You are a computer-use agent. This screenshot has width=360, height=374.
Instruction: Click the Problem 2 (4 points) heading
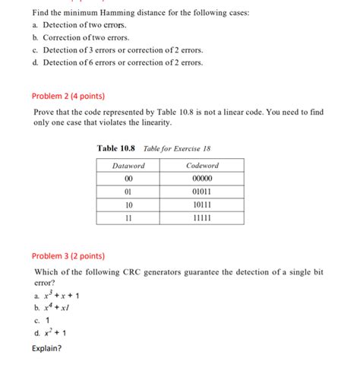pos(68,97)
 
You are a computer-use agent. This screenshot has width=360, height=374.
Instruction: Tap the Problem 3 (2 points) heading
pos(68,256)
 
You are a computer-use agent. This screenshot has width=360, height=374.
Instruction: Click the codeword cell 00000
pos(203,179)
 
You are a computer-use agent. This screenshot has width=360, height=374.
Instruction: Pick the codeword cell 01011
pos(203,192)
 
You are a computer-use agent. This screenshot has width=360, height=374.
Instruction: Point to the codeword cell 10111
pos(203,205)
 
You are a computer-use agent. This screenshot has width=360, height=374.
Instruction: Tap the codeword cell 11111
pos(203,218)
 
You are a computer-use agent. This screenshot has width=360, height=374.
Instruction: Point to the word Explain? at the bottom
pos(47,349)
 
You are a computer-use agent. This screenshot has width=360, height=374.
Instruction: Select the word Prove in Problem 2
pos(46,112)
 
